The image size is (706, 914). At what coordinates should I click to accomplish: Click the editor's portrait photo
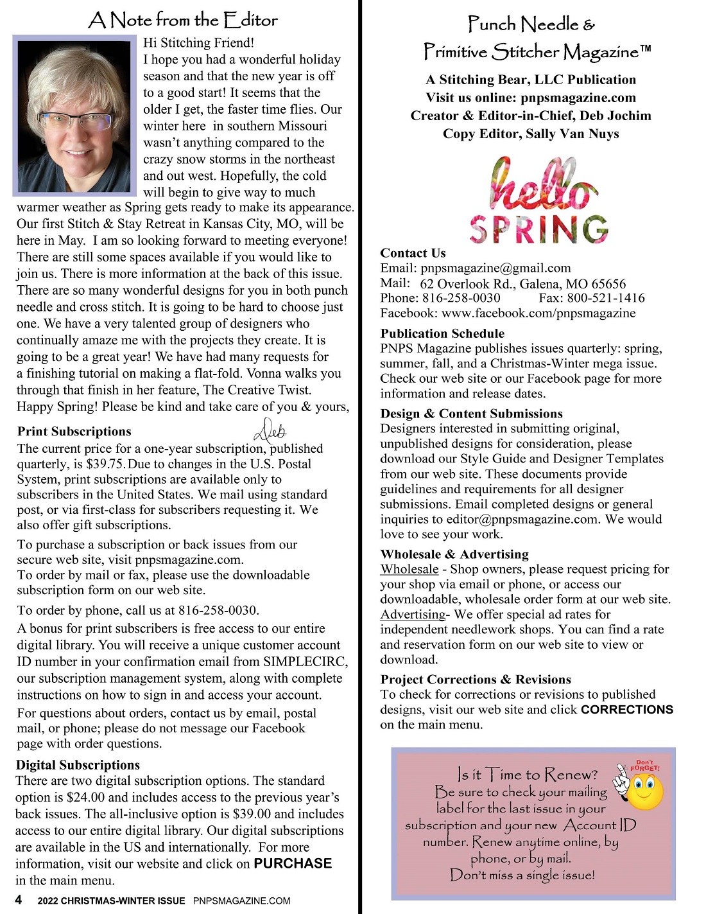pyautogui.click(x=74, y=116)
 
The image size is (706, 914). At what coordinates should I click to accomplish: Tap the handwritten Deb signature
pyautogui.click(x=270, y=430)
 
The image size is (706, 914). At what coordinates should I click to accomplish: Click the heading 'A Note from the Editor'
pyautogui.click(x=183, y=20)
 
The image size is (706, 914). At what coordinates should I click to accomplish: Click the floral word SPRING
pyautogui.click(x=538, y=229)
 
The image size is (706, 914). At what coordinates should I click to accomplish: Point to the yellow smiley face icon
pyautogui.click(x=644, y=791)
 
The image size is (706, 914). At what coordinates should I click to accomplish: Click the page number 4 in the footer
pyautogui.click(x=19, y=900)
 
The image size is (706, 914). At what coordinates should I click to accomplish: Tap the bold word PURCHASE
pyautogui.click(x=293, y=863)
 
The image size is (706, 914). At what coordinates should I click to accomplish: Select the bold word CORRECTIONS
pyautogui.click(x=626, y=710)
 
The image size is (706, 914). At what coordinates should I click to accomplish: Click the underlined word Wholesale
pyautogui.click(x=409, y=569)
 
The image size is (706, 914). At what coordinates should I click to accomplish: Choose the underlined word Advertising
pyautogui.click(x=413, y=614)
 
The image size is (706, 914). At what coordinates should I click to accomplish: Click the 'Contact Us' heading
pyautogui.click(x=413, y=253)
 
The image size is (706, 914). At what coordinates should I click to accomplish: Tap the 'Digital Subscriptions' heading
pyautogui.click(x=78, y=765)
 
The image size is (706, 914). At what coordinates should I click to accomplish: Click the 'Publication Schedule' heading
pyautogui.click(x=442, y=333)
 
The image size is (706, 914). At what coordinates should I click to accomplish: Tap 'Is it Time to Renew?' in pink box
pyautogui.click(x=528, y=775)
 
